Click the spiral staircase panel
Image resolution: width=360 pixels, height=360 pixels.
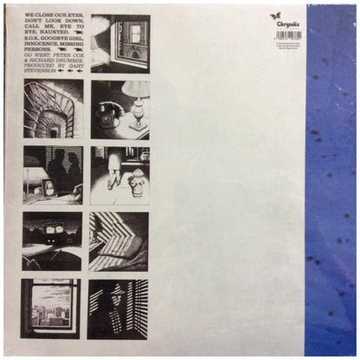pyautogui.click(x=52, y=111)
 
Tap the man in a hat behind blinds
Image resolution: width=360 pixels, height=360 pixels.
pyautogui.click(x=109, y=303)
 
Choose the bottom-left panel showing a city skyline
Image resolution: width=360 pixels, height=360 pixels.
pyautogui.click(x=52, y=307)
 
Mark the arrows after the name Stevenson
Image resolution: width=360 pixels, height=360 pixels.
pyautogui.click(x=71, y=72)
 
